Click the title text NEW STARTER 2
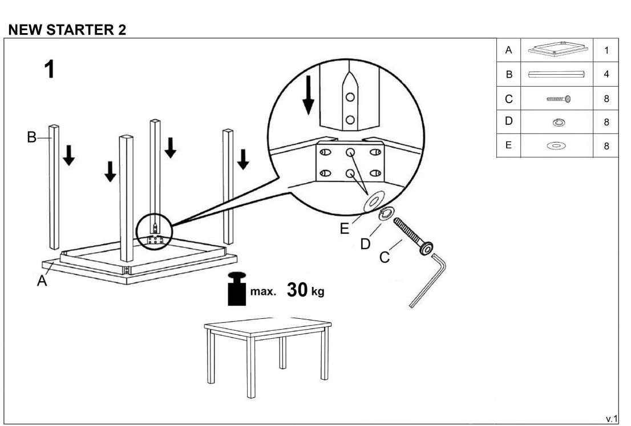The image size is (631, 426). [67, 30]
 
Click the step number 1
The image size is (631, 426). [50, 69]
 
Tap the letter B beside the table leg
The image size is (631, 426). [31, 137]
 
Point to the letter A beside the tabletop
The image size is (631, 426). [42, 281]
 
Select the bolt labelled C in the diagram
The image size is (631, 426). [413, 237]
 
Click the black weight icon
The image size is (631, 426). [237, 289]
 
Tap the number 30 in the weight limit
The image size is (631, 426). [297, 290]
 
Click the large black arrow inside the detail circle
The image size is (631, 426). [308, 95]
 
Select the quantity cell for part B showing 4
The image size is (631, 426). [606, 74]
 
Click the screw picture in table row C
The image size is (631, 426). [559, 99]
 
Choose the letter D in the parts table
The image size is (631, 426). [509, 121]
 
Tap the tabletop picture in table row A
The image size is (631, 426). [557, 49]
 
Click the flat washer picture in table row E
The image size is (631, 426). [557, 145]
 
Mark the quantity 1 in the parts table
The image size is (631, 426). [606, 50]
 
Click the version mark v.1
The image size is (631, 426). [611, 419]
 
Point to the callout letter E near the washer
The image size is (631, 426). [345, 229]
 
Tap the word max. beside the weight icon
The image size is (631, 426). [263, 291]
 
